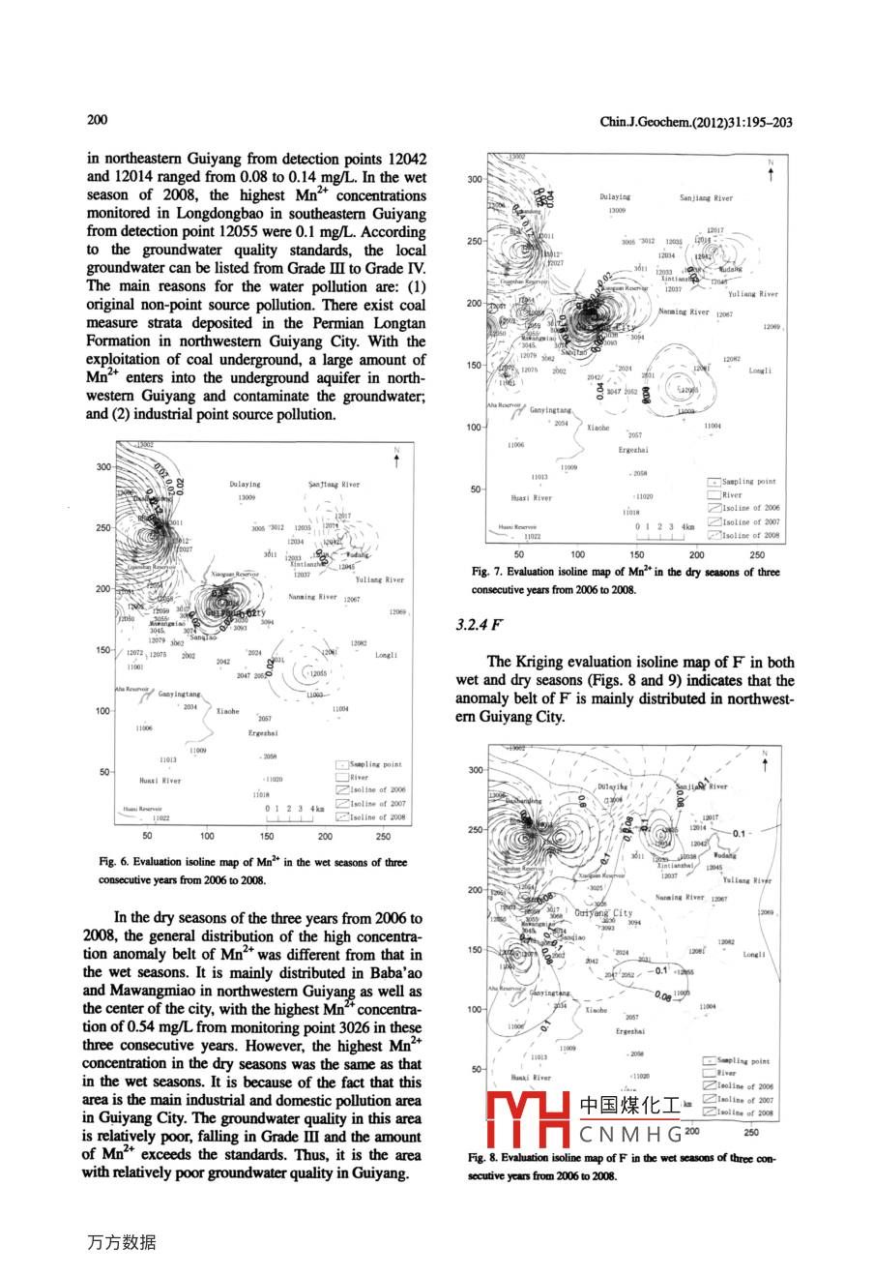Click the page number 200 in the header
pyautogui.click(x=98, y=120)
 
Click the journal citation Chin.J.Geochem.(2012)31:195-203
pyautogui.click(x=696, y=122)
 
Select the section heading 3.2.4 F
pyautogui.click(x=481, y=625)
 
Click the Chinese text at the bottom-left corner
pyautogui.click(x=122, y=1243)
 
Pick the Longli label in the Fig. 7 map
pyautogui.click(x=760, y=371)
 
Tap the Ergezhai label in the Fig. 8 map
pyautogui.click(x=630, y=1031)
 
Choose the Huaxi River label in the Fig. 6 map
pyautogui.click(x=160, y=781)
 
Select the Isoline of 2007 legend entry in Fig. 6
pyautogui.click(x=377, y=803)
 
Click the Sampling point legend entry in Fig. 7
pyautogui.click(x=749, y=481)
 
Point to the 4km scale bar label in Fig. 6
pyautogui.click(x=317, y=808)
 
